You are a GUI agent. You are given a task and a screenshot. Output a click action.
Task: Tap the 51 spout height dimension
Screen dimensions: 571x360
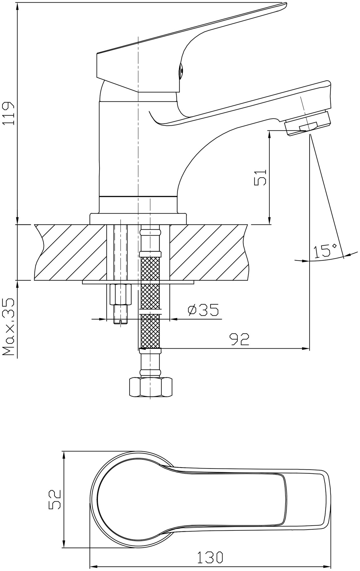click(x=260, y=178)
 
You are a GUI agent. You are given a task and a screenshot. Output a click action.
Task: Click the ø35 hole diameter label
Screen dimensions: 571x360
click(x=203, y=310)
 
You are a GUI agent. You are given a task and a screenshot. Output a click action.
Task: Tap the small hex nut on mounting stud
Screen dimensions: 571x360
click(x=120, y=295)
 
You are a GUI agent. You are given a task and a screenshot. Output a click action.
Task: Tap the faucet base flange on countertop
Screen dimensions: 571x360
click(x=138, y=219)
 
